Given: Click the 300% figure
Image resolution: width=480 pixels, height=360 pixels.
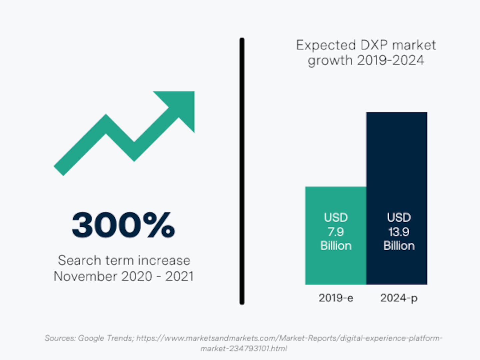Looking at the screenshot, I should [123, 225].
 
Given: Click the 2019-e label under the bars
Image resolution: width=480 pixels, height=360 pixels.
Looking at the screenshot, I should [336, 298].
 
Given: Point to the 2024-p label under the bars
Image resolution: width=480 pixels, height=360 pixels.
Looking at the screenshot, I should [399, 298].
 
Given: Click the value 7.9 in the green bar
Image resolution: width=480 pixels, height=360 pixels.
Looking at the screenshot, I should [335, 232].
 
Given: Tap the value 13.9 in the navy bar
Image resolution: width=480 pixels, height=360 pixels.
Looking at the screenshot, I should [399, 232].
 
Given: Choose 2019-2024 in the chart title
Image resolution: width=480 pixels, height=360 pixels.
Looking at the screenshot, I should [390, 60].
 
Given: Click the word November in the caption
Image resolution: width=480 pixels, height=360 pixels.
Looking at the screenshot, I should [86, 276].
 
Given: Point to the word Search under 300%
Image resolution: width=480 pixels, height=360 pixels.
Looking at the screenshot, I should [79, 260].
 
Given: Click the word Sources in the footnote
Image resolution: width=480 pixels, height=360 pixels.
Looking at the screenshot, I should [60, 338].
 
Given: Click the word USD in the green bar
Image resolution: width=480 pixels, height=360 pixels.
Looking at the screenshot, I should [336, 218].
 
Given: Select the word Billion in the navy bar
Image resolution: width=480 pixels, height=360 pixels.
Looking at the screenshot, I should [399, 246].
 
